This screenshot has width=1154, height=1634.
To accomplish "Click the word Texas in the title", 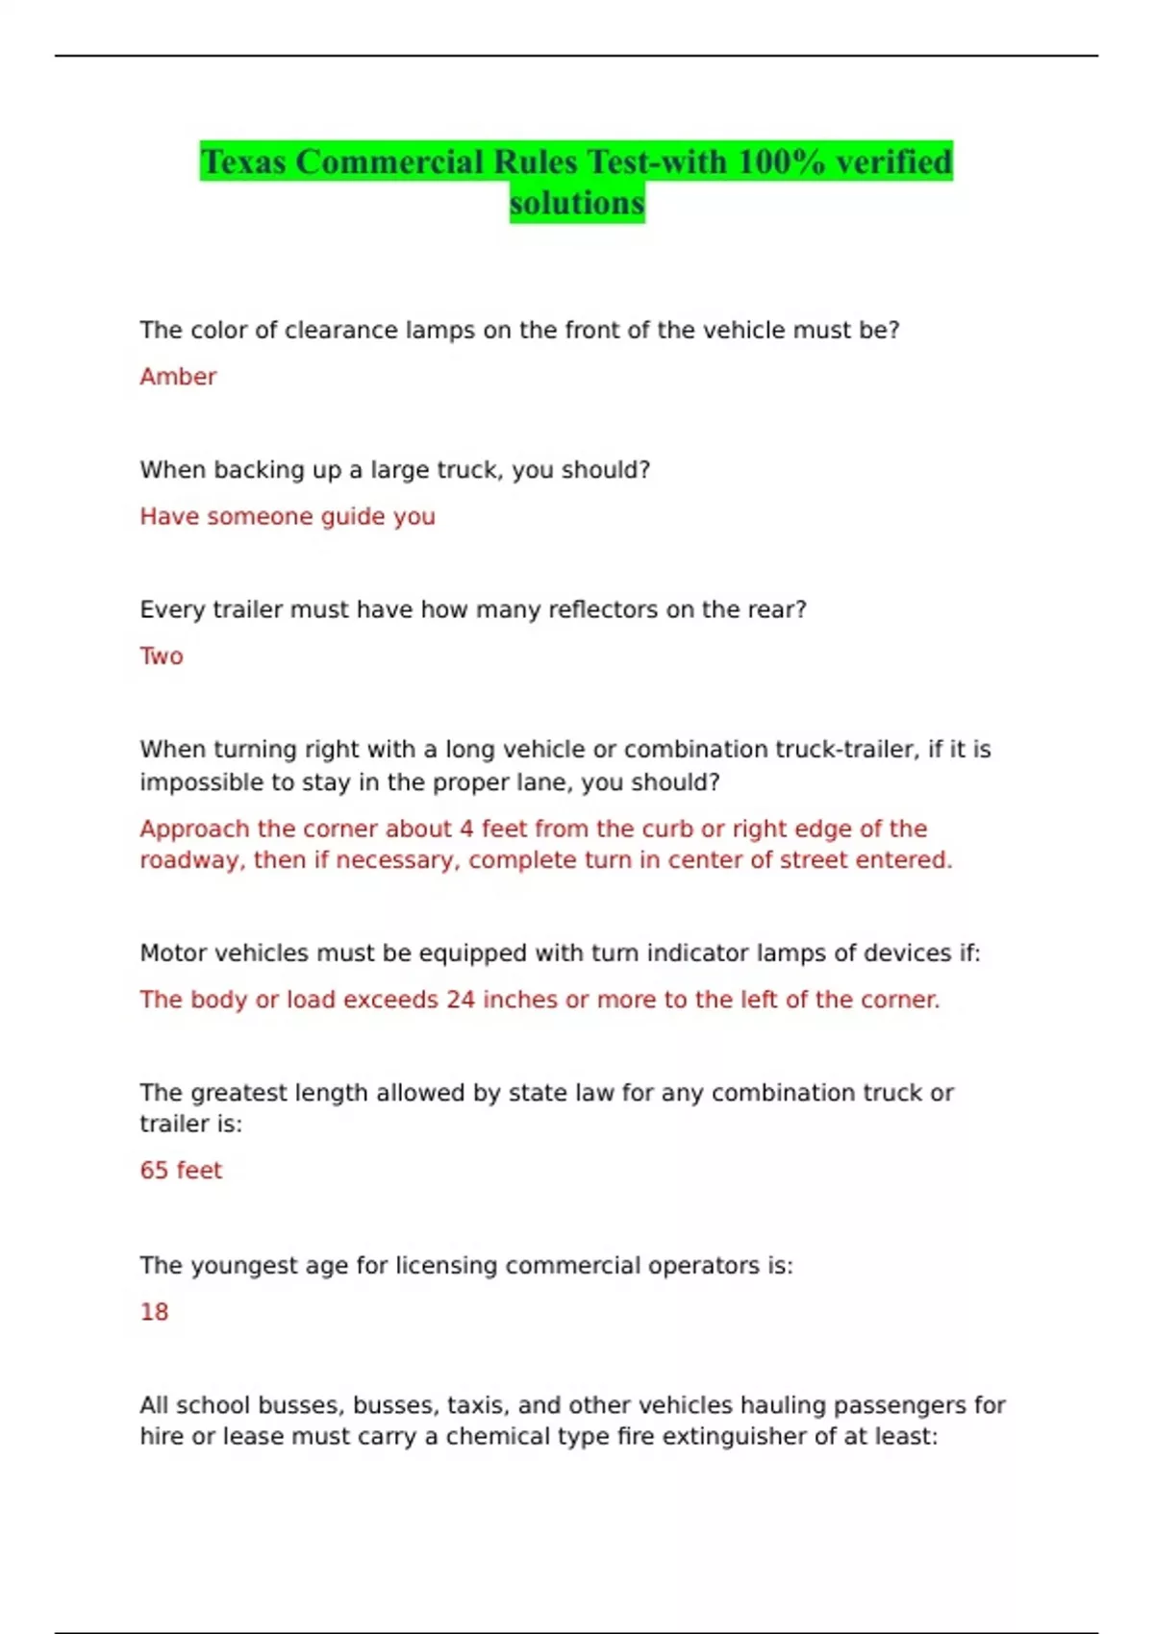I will click(x=244, y=161).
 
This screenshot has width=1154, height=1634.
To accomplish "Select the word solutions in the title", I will click(x=577, y=204).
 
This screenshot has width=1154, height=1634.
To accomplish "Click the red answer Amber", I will click(x=178, y=377).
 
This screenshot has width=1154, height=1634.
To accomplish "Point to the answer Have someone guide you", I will click(x=288, y=516).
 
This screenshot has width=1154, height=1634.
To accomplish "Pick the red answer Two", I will click(x=162, y=656).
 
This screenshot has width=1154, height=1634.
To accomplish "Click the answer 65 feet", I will click(x=181, y=1171).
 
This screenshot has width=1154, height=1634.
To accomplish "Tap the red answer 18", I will click(x=154, y=1312).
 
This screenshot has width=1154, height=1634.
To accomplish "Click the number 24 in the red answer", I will click(x=461, y=1000).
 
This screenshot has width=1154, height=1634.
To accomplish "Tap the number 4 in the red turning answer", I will click(x=466, y=829).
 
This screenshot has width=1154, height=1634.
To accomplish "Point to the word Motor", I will click(x=173, y=953).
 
